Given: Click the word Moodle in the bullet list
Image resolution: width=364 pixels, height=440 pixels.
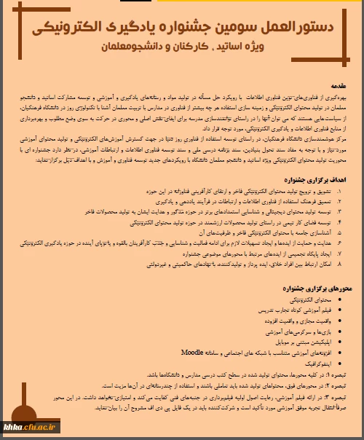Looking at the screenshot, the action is (192, 351).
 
